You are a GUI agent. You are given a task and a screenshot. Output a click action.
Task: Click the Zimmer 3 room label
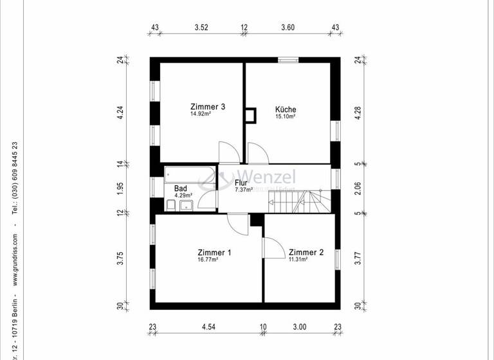[x=207, y=107]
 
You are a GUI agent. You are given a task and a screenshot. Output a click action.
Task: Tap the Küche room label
[x=286, y=109]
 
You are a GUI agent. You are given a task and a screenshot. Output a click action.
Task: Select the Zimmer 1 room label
[x=214, y=253]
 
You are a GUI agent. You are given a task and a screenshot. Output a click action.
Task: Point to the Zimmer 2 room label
[x=306, y=253]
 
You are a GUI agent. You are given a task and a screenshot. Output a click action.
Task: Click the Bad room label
[x=181, y=188]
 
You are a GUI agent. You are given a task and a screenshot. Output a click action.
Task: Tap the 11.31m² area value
[x=298, y=260]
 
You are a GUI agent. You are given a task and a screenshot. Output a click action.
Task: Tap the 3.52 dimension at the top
[x=201, y=27]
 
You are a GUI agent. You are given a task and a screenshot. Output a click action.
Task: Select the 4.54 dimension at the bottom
[x=208, y=327]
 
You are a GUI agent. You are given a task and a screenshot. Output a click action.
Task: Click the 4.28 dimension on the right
[x=358, y=111]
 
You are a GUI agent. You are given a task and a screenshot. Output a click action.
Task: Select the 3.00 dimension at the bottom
[x=300, y=327]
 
